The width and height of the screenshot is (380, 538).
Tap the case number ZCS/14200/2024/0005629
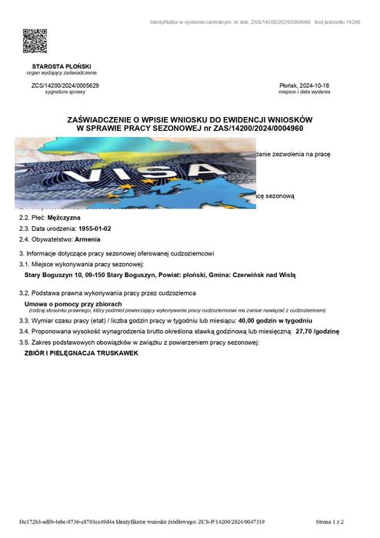click(x=65, y=85)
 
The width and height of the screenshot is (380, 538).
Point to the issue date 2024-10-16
click(x=325, y=85)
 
